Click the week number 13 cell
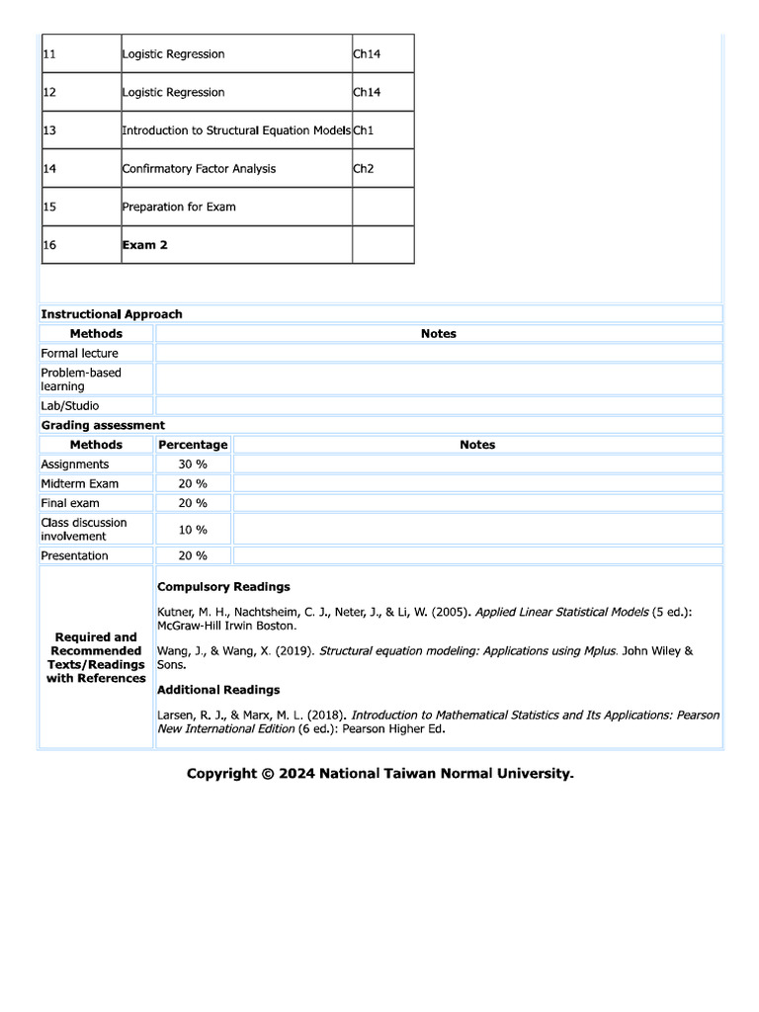[49, 130]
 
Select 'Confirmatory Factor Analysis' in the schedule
[199, 169]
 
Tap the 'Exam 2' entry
[144, 245]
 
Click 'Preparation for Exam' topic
[179, 208]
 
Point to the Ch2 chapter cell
[364, 169]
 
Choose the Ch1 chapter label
[364, 130]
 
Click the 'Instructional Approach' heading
[112, 314]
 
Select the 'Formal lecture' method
[79, 353]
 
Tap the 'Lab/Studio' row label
[70, 406]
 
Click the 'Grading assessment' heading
[103, 425]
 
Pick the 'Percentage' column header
[193, 445]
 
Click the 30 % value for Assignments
[193, 464]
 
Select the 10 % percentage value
[193, 530]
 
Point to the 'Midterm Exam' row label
[79, 483]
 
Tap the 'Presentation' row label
[74, 555]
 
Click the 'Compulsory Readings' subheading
[223, 587]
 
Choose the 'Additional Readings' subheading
[218, 690]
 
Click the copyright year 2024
[296, 774]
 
